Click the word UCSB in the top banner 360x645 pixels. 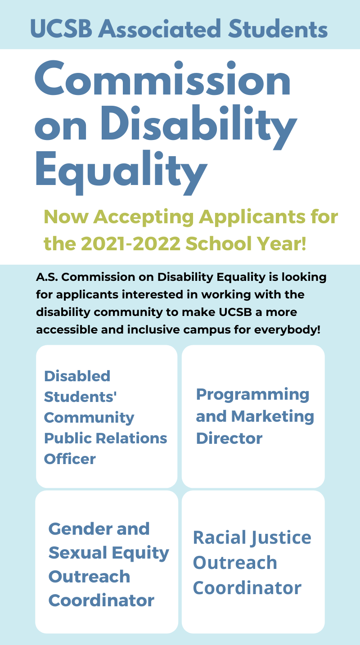pos(61,28)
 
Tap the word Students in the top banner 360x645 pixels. pos(278,28)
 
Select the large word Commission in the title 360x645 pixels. pos(162,78)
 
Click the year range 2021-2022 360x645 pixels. pos(130,244)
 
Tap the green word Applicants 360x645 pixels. pos(252,217)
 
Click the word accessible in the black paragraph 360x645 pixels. pos(67,329)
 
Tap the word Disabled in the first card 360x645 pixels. pos(77,376)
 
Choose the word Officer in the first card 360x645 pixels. pos(70,459)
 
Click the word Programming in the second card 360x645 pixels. pos(252,395)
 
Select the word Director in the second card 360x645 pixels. pos(229,438)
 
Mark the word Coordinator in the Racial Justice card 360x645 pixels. pos(247,588)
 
